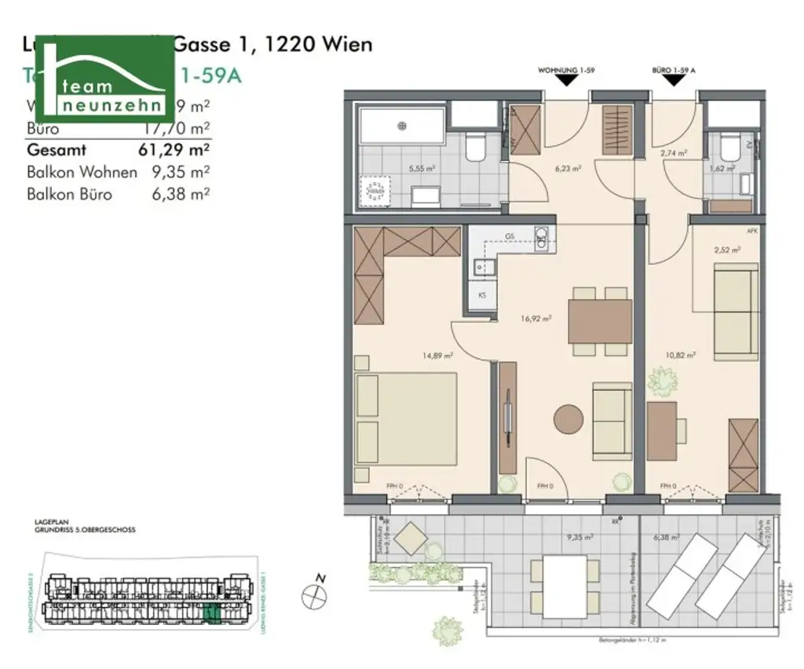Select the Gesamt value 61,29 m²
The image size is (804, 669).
(x=174, y=149)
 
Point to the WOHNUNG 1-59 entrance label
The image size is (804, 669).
(x=565, y=71)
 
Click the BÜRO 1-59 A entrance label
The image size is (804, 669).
(x=674, y=71)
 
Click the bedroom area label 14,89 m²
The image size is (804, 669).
(x=438, y=356)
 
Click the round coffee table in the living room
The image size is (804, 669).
(x=571, y=419)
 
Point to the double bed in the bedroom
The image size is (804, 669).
(x=406, y=420)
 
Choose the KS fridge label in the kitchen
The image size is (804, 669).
(x=481, y=296)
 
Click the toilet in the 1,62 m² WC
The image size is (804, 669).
(x=728, y=147)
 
